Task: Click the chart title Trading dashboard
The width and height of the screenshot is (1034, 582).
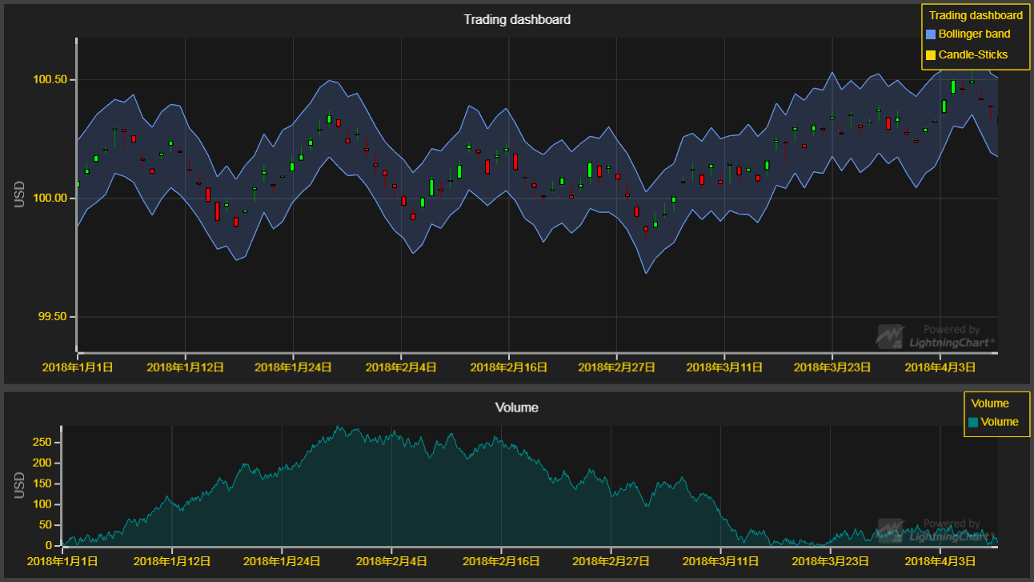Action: coord(517,19)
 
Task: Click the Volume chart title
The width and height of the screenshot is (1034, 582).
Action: coord(517,407)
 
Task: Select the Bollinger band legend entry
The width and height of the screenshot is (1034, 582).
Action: coord(973,34)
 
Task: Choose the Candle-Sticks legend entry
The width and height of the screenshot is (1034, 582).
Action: coord(972,55)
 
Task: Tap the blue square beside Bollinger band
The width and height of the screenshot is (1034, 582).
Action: coord(931,34)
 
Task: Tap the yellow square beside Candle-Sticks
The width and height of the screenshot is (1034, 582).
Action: coord(931,55)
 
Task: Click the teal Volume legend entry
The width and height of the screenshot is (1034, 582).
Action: coord(999,422)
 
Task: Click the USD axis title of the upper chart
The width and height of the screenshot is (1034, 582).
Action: coord(19,195)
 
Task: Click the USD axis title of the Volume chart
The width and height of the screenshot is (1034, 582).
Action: coord(19,485)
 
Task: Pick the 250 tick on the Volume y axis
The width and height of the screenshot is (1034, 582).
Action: coord(42,442)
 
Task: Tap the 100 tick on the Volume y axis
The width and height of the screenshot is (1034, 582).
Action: coord(42,504)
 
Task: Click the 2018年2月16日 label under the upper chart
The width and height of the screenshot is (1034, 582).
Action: coord(508,367)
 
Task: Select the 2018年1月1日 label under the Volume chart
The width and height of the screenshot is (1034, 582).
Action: coord(63,562)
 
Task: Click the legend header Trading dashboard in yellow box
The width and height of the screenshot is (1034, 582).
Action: coord(976,15)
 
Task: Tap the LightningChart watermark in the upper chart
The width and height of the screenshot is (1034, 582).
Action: coord(936,336)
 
